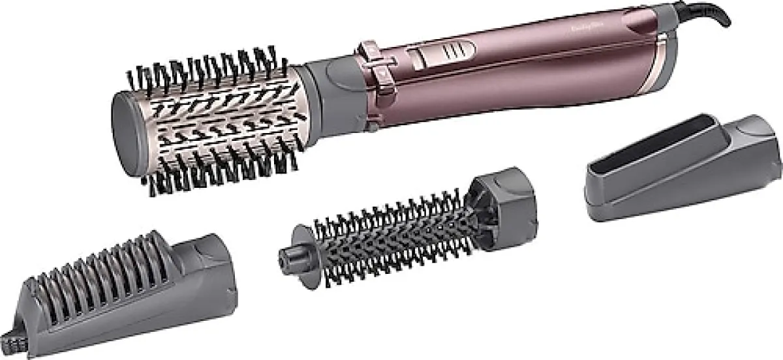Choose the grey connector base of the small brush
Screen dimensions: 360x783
[x=502, y=202]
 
